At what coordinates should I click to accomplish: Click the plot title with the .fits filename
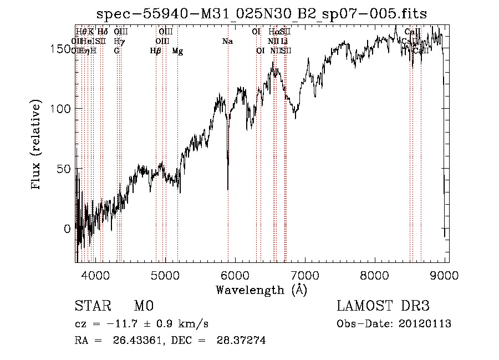pyautogui.click(x=262, y=14)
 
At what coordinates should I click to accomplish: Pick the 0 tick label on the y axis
pyautogui.click(x=67, y=229)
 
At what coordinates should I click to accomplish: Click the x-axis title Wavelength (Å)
pyautogui.click(x=261, y=290)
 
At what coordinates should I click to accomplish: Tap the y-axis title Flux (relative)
pyautogui.click(x=37, y=145)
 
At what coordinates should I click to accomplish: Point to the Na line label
pyautogui.click(x=227, y=41)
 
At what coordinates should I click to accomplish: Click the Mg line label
pyautogui.click(x=177, y=50)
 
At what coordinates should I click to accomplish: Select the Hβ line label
pyautogui.click(x=156, y=50)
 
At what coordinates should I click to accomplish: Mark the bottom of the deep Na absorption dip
pyautogui.click(x=228, y=189)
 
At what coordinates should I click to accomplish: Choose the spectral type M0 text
pyautogui.click(x=143, y=306)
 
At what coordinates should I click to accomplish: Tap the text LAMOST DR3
pyautogui.click(x=383, y=306)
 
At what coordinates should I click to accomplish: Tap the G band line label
pyautogui.click(x=116, y=50)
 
